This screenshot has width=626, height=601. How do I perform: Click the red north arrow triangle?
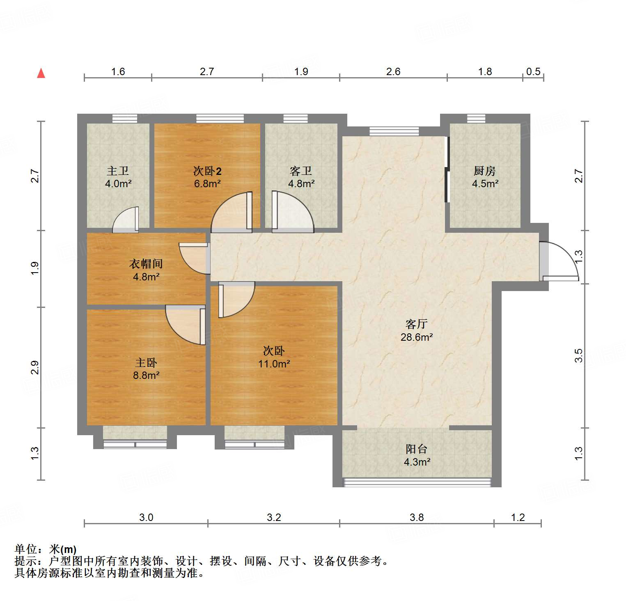click(x=41, y=73)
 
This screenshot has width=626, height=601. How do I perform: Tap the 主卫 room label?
click(x=118, y=171)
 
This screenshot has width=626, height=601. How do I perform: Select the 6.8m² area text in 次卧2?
click(x=207, y=184)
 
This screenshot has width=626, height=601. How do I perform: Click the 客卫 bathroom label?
click(x=301, y=171)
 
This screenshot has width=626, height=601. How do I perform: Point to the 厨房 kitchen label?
click(x=485, y=171)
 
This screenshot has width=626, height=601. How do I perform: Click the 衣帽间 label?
click(x=146, y=264)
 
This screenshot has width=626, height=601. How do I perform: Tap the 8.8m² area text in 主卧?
click(x=146, y=375)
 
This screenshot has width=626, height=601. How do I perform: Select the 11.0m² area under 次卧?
click(x=274, y=364)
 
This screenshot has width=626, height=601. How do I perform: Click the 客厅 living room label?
click(x=417, y=324)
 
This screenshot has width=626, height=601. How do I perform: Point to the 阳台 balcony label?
click(x=417, y=449)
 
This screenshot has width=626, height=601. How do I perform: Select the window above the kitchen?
click(x=476, y=119)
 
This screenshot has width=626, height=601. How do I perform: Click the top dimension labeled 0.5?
click(x=533, y=72)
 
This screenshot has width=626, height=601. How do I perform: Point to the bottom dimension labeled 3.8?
click(x=417, y=517)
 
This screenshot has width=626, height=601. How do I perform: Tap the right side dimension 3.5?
click(x=579, y=356)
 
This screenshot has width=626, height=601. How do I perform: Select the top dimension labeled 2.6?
click(x=393, y=72)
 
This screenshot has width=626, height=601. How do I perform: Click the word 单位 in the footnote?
click(x=25, y=549)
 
